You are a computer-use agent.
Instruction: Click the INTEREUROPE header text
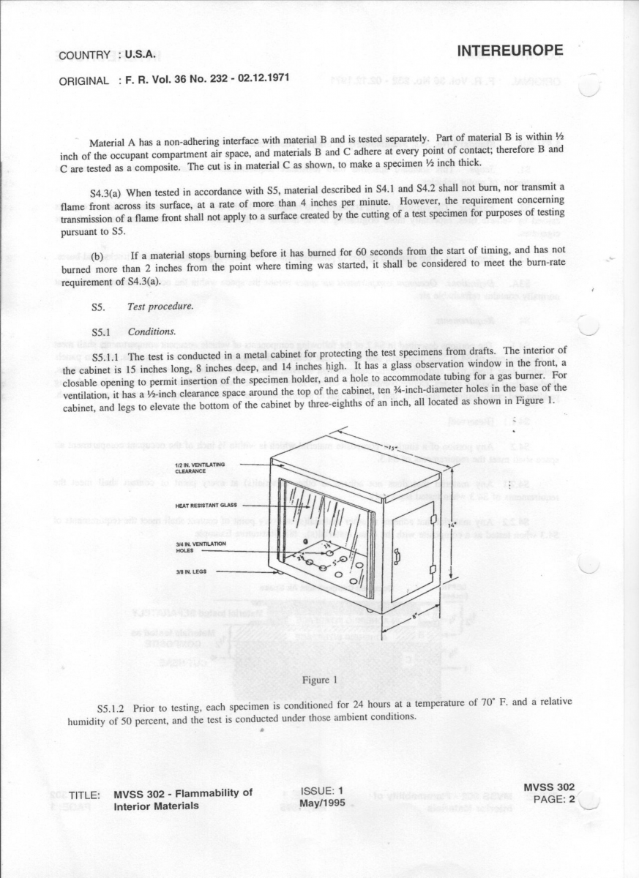pyautogui.click(x=510, y=50)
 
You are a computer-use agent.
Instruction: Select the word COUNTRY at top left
pyautogui.click(x=84, y=55)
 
